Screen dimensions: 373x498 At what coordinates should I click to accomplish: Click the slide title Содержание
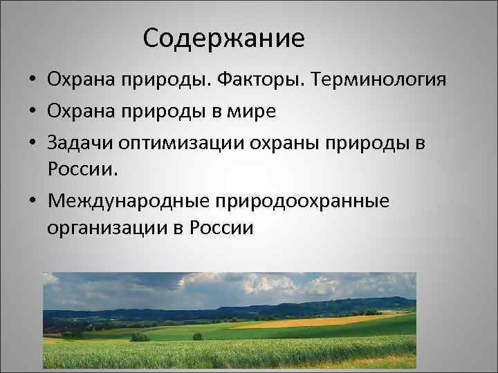(x=224, y=38)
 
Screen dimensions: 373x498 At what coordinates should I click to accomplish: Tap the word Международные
(x=129, y=199)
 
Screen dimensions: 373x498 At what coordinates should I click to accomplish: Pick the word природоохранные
(x=302, y=199)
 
